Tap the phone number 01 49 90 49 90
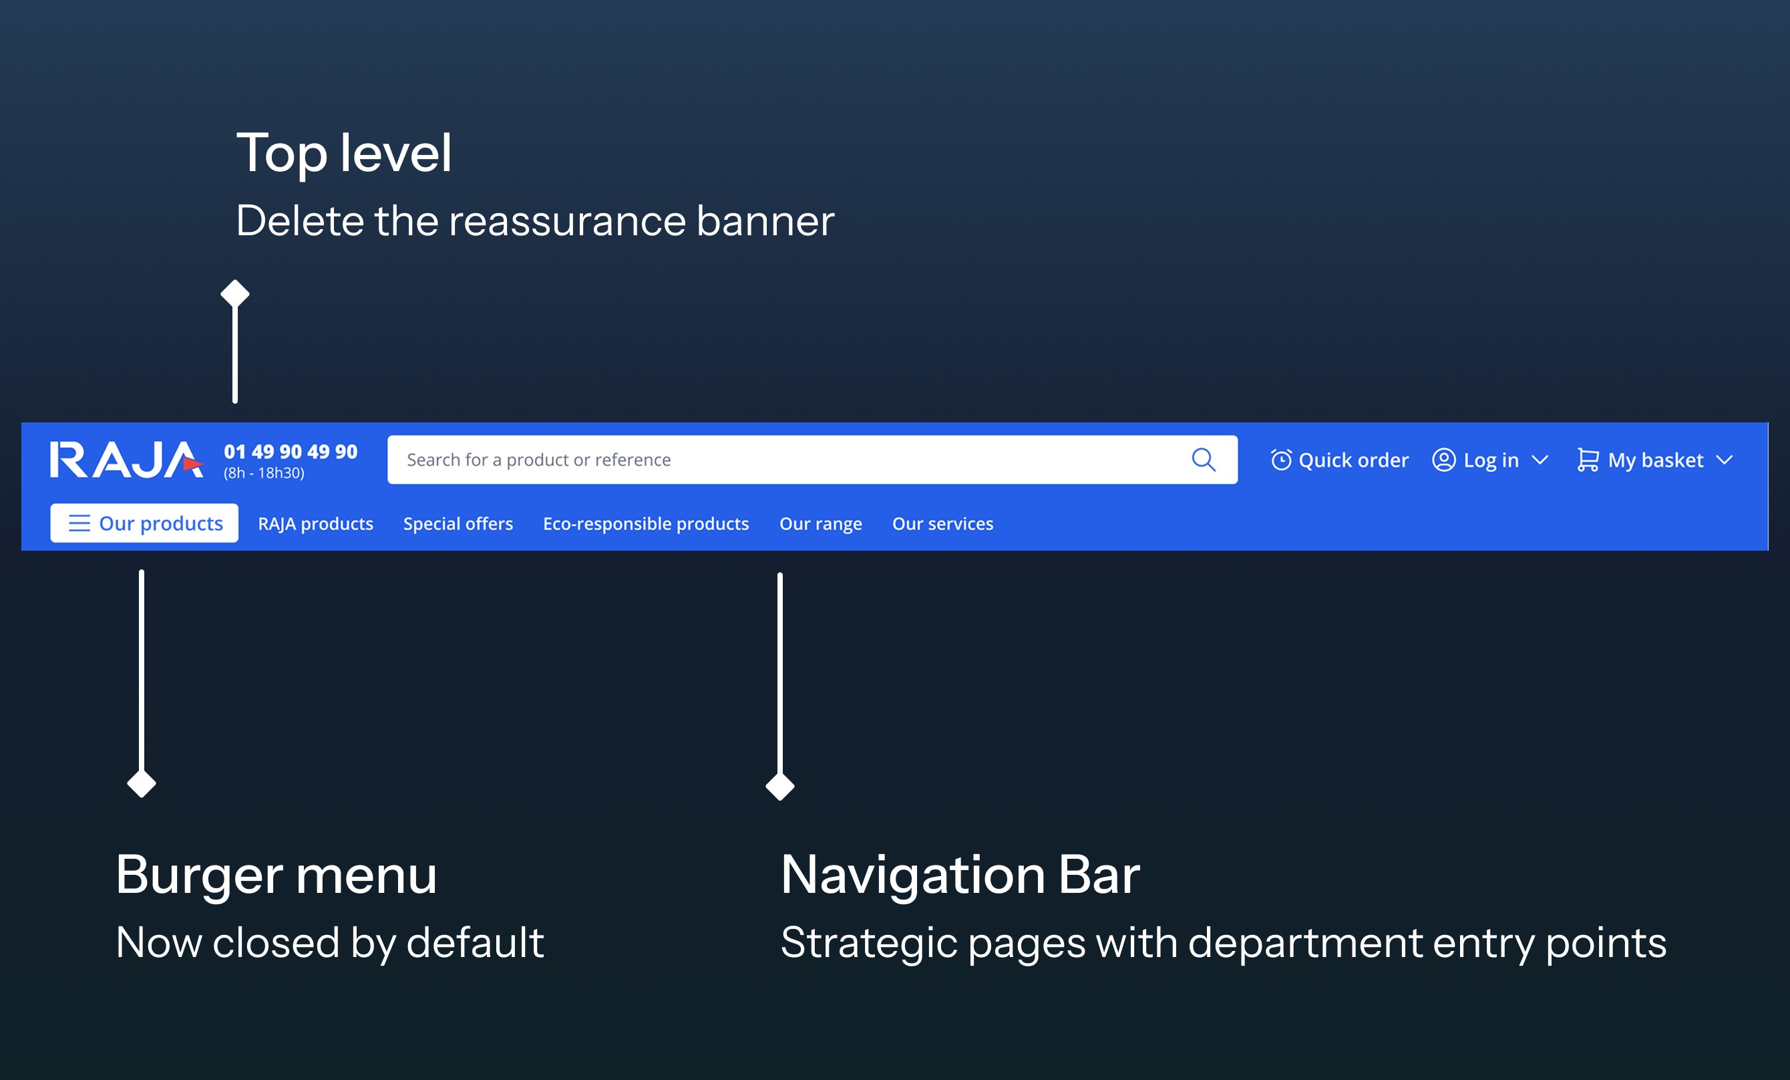(x=291, y=451)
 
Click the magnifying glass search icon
(x=1203, y=459)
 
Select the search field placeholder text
(x=538, y=460)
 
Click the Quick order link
(x=1353, y=460)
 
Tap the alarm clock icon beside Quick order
(x=1282, y=460)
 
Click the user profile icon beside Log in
(x=1443, y=460)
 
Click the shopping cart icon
(x=1588, y=460)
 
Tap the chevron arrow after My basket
(x=1725, y=460)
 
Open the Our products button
(x=144, y=523)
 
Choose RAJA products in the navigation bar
(x=315, y=523)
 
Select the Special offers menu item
(x=458, y=523)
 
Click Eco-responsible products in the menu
(x=646, y=523)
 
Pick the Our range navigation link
(x=820, y=523)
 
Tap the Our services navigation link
(x=942, y=523)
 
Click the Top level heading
(x=343, y=153)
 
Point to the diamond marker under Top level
(x=234, y=293)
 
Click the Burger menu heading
(x=276, y=874)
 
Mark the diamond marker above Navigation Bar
(x=779, y=787)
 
